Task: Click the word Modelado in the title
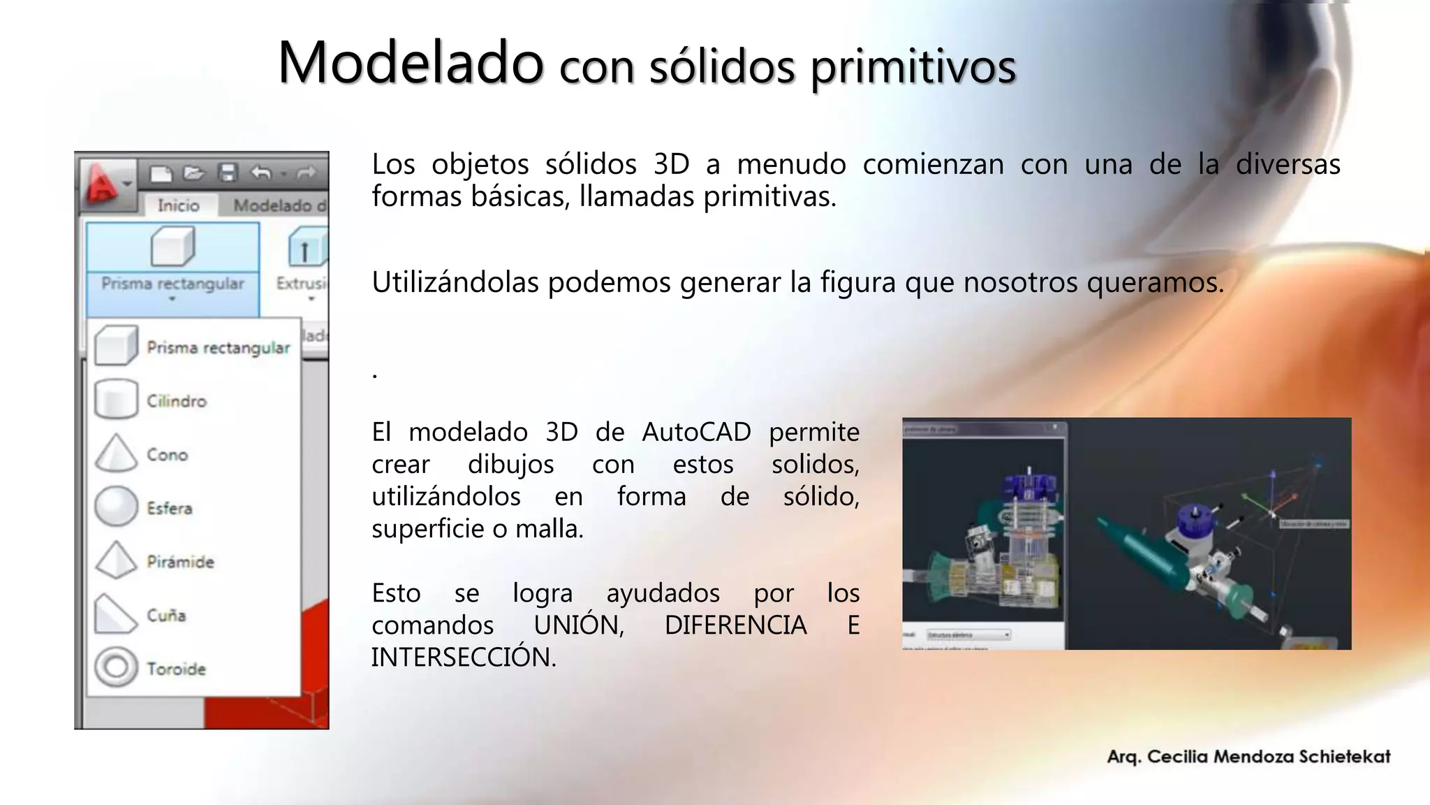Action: point(410,63)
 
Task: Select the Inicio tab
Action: point(178,205)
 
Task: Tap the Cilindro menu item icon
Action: point(116,399)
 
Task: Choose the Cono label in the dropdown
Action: point(168,455)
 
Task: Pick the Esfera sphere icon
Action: point(116,506)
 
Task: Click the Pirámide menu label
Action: point(180,562)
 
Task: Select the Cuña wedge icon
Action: point(115,614)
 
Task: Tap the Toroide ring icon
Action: point(116,667)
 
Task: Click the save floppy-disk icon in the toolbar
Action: point(228,173)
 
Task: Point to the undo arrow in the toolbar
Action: point(261,173)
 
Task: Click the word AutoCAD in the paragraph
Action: point(696,432)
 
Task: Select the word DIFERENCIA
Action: point(735,625)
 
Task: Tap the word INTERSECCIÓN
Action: point(463,657)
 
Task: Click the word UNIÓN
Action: point(579,625)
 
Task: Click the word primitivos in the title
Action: point(913,67)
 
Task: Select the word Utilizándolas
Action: point(455,282)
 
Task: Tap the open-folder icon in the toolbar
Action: point(193,173)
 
